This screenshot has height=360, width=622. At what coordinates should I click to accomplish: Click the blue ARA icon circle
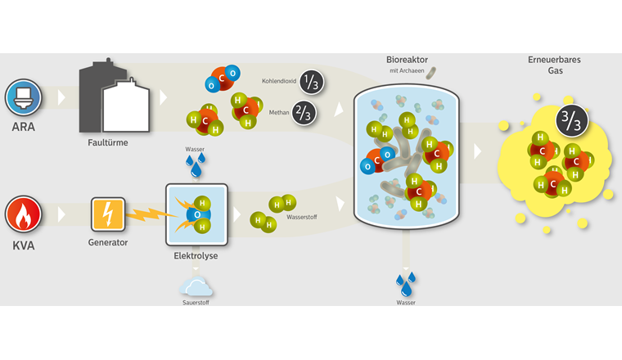coord(23,97)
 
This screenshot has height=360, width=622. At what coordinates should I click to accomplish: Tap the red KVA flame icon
coord(23,216)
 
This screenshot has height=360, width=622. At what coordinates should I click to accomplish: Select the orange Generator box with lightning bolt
coord(108,214)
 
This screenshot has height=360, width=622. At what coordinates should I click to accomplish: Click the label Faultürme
coord(108,142)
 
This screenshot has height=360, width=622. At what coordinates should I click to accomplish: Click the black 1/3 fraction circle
coord(310,82)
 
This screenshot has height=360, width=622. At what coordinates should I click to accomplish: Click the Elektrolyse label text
coord(196,256)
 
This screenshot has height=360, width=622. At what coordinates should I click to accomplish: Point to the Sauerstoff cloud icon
coord(196,286)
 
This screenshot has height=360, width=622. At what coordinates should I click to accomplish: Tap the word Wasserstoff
coord(302,217)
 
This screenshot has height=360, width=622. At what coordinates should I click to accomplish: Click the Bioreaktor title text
coord(406,61)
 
